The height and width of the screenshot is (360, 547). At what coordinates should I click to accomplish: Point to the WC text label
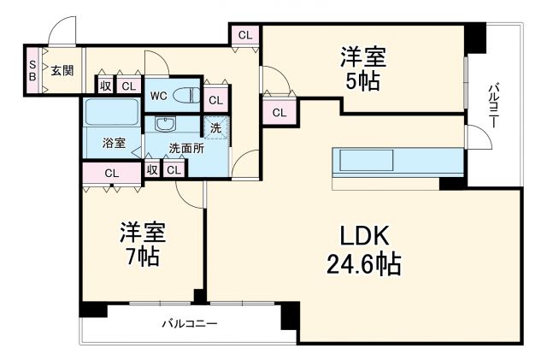[x=159, y=96]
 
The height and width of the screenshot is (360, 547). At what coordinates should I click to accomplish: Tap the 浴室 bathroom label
[x=114, y=142]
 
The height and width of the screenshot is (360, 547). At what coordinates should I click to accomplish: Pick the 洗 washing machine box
[x=215, y=127]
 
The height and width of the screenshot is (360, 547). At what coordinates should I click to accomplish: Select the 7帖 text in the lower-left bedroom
[x=142, y=256]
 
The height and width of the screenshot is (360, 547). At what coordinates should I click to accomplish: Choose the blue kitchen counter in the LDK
[x=365, y=161]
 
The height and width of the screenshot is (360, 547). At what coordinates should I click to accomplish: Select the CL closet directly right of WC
[x=215, y=99]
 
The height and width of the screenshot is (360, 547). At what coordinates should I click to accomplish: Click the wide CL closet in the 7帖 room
[x=111, y=173]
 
